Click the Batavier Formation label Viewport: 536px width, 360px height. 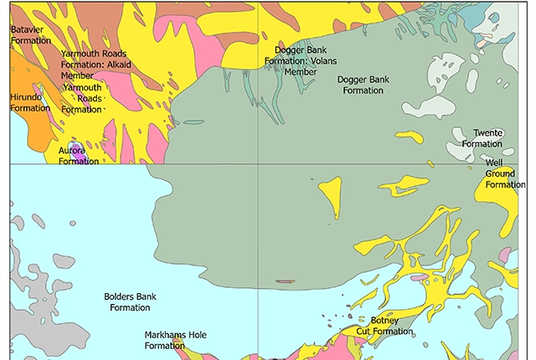30,34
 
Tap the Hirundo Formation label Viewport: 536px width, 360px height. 30,103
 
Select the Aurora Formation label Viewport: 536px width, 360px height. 79,156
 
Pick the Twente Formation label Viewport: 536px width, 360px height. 482,138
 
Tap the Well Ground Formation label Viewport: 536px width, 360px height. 504,173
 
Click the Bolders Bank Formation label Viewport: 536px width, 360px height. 130,301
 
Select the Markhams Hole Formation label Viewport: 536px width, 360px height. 175,340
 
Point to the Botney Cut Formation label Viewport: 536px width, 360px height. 384,326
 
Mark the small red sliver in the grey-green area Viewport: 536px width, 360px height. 285,281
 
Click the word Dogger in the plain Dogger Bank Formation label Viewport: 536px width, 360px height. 350,80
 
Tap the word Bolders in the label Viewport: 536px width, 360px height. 120,296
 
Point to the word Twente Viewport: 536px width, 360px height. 487,133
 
